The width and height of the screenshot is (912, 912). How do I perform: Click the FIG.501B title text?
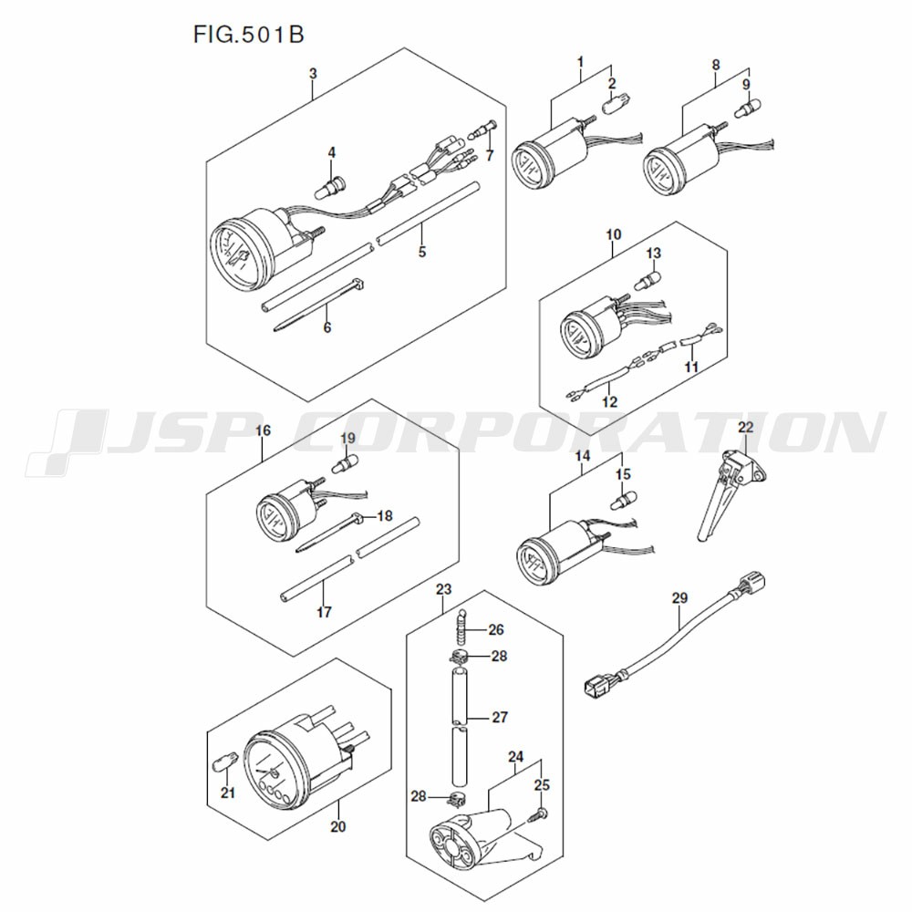[x=248, y=35]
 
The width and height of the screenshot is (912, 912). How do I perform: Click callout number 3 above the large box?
[x=314, y=74]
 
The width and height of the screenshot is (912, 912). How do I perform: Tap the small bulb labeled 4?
[x=330, y=187]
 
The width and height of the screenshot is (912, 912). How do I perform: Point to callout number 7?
[x=490, y=155]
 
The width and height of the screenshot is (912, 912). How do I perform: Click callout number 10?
[x=614, y=234]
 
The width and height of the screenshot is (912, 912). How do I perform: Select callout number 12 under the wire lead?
[x=609, y=402]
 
